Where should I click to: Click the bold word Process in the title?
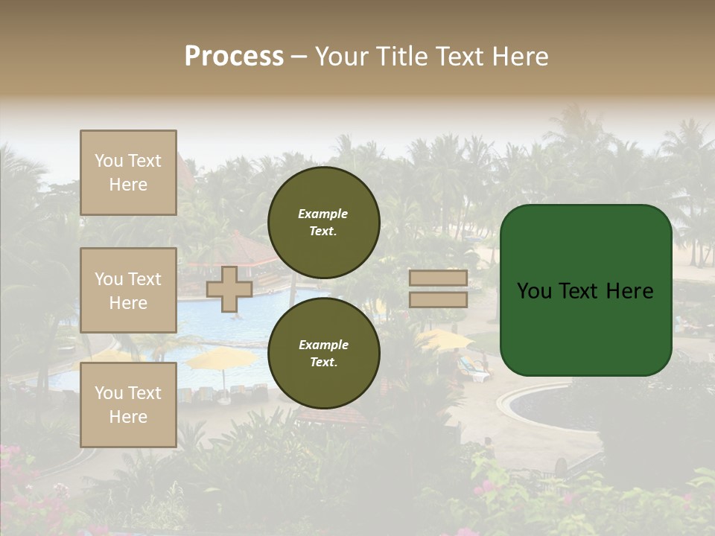tap(234, 57)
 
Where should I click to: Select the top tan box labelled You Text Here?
tap(128, 173)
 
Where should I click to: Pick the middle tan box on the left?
tap(128, 290)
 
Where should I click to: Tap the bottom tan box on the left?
tap(128, 405)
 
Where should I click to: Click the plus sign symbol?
tap(229, 289)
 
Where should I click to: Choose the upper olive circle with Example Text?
tap(324, 223)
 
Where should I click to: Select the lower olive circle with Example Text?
tap(324, 354)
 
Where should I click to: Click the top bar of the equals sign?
tap(438, 278)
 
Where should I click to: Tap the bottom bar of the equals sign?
tap(438, 299)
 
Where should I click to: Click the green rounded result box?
tap(586, 290)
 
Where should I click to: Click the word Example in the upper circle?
tap(322, 214)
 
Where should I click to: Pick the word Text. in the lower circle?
tap(323, 363)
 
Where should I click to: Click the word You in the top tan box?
tap(109, 161)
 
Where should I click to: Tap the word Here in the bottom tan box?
tap(128, 417)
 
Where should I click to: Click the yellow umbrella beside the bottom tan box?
tap(222, 360)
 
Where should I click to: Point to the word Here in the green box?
tap(629, 291)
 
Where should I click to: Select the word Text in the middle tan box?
tap(144, 279)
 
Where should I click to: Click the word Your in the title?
tap(343, 57)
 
